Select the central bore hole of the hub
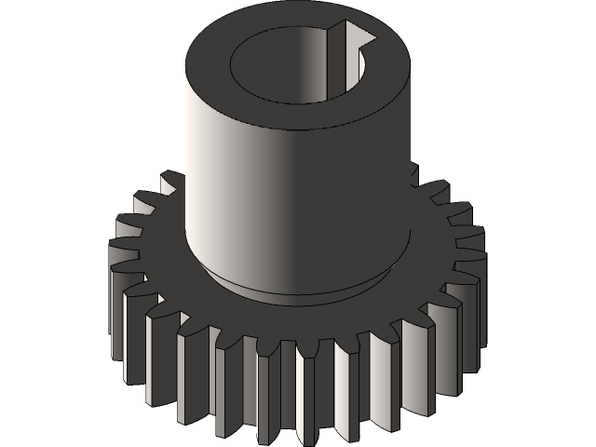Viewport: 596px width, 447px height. coord(289,65)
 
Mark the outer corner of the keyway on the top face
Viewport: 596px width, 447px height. coord(372,37)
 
